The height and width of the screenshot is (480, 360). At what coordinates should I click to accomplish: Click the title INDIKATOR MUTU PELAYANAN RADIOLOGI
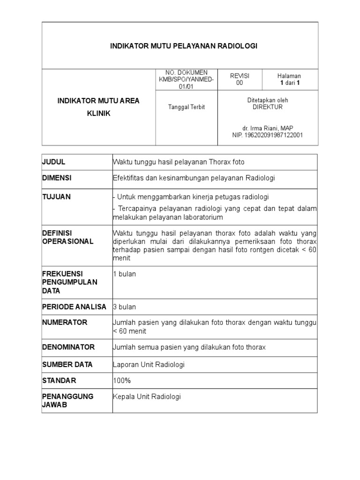(184, 46)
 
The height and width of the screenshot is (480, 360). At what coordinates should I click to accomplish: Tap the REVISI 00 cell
(239, 79)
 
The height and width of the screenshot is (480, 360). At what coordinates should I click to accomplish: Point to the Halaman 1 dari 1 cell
(289, 79)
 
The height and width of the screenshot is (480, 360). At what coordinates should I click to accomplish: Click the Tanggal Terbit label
(186, 107)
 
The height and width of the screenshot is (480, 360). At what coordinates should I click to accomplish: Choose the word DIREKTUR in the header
(268, 107)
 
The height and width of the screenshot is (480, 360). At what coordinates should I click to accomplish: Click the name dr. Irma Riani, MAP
(268, 128)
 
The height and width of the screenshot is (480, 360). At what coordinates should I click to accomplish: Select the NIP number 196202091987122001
(268, 135)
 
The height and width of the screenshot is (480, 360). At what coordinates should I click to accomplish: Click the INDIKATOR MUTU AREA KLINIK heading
(98, 107)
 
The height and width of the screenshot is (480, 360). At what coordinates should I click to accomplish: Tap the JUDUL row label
(54, 162)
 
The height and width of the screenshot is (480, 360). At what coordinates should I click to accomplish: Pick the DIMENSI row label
(56, 178)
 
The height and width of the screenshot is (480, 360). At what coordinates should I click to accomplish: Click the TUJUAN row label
(56, 197)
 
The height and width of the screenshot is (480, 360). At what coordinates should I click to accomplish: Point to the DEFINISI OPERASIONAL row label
(68, 237)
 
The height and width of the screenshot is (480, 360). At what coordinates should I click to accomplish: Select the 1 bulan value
(125, 274)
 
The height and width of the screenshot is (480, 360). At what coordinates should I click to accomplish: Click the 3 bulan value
(125, 307)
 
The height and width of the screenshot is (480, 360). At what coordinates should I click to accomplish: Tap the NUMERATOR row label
(65, 322)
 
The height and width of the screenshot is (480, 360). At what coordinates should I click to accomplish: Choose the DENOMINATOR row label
(68, 347)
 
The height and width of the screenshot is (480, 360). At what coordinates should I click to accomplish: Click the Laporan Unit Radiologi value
(149, 364)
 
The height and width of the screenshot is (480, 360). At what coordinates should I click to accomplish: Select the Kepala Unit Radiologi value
(147, 397)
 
